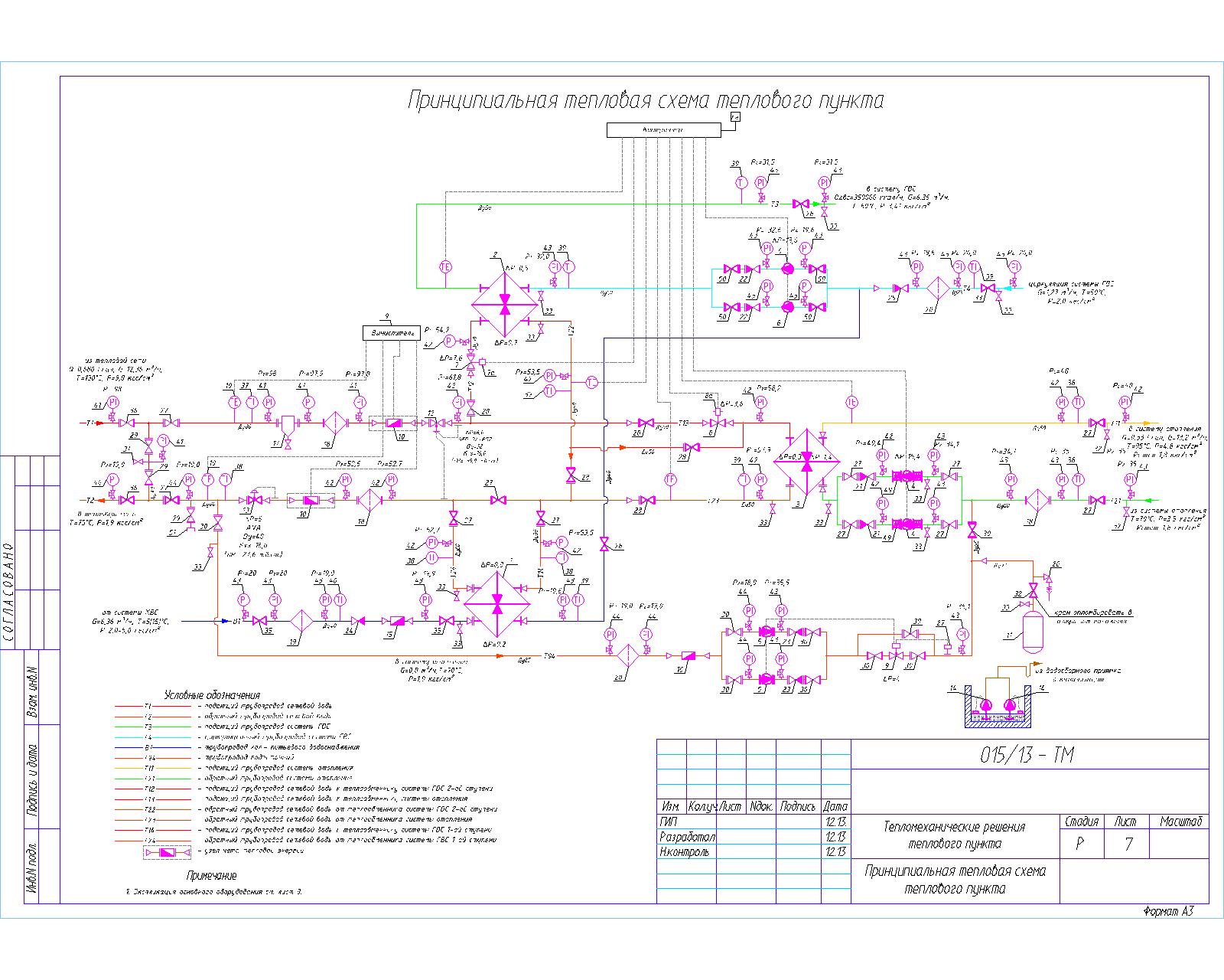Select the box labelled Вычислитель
point(391,333)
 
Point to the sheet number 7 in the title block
point(1128,844)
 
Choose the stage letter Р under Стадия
point(1080,844)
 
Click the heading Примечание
point(211,875)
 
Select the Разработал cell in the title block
point(686,836)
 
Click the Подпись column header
point(799,806)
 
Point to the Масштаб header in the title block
point(1183,821)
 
